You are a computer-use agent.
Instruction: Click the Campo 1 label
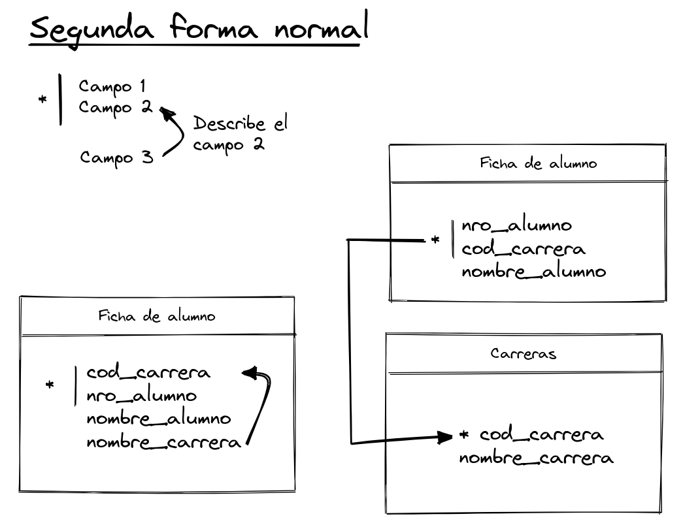[112, 86]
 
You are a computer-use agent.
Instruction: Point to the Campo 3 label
[117, 157]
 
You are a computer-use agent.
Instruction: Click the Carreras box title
[523, 354]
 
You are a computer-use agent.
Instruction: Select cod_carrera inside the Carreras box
[541, 434]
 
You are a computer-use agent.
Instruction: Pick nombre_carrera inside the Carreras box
[536, 457]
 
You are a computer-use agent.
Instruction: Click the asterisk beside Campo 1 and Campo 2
[43, 100]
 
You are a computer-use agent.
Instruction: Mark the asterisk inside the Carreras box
[465, 435]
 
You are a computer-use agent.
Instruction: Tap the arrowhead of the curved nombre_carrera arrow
[249, 374]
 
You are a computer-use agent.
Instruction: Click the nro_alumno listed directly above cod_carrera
[516, 226]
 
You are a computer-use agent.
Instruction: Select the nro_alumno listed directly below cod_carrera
[141, 395]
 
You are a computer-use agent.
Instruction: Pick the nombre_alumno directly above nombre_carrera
[158, 418]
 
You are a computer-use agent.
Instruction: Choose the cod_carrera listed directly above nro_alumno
[148, 372]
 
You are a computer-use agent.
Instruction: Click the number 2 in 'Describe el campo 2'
[259, 145]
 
